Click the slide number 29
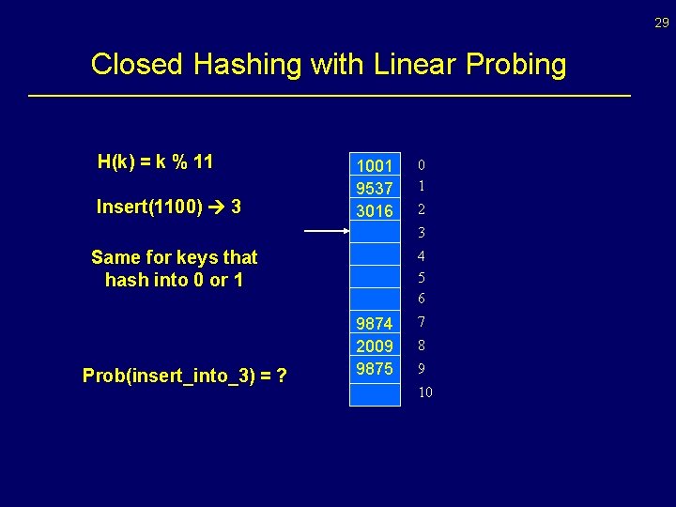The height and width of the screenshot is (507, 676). pos(662,23)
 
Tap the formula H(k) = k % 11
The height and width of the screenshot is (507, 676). pos(155,162)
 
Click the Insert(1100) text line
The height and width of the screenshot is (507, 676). pos(169,206)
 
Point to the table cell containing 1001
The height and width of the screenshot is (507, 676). pos(374,165)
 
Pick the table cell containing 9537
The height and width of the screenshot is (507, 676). pos(374,188)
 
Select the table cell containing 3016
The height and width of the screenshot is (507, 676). pos(374,211)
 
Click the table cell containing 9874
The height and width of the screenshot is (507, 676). pos(374,323)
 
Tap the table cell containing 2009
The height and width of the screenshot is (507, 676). pos(374,346)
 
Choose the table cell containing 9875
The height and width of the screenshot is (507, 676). pos(374,369)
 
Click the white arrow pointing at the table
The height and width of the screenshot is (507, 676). pos(327,230)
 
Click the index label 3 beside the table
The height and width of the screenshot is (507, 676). pos(422,232)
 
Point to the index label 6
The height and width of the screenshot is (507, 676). pos(422,299)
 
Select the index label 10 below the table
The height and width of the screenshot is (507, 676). pos(425,392)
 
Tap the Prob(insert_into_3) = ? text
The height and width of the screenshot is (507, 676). pos(185,376)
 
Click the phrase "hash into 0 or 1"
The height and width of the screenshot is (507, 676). pos(174,280)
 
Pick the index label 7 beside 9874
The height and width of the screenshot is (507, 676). pos(422,323)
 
